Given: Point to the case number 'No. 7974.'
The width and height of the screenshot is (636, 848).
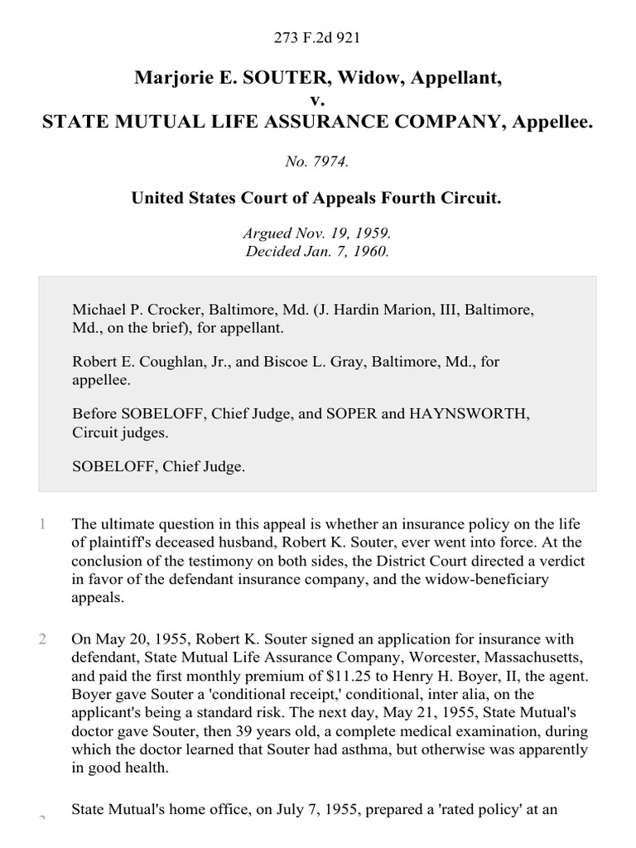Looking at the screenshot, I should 317,162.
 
